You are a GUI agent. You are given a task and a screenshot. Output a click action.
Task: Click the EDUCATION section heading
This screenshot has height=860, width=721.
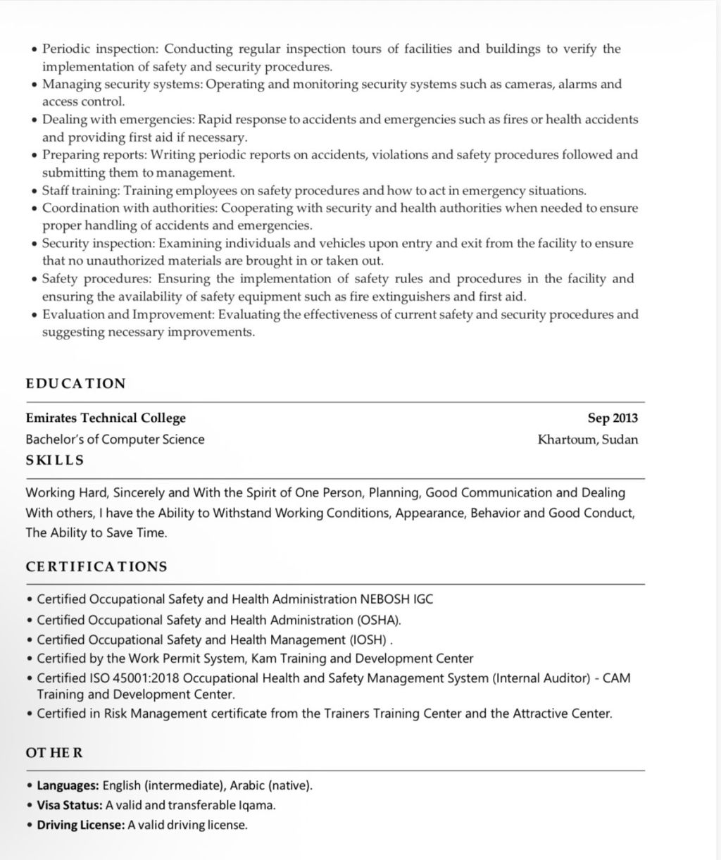(x=75, y=384)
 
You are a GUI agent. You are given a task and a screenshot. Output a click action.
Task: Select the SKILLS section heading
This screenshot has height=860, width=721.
(x=55, y=461)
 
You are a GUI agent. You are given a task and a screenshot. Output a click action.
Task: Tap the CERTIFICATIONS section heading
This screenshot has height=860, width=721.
(x=96, y=567)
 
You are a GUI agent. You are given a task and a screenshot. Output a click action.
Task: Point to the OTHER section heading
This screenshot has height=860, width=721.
(x=54, y=753)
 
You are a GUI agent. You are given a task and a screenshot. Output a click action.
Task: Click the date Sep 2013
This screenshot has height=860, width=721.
(x=613, y=418)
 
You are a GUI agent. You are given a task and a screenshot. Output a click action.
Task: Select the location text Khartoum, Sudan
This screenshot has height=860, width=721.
(x=588, y=440)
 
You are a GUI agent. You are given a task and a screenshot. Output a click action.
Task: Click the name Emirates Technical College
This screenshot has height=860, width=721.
(x=106, y=418)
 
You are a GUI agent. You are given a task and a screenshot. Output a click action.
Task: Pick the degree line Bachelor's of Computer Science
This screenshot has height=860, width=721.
(x=115, y=440)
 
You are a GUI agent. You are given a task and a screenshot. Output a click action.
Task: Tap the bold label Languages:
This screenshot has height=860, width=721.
(x=68, y=785)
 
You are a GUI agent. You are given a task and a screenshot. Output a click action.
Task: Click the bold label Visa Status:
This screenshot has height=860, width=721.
(x=70, y=805)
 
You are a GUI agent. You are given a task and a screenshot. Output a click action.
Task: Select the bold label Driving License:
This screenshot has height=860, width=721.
(x=81, y=825)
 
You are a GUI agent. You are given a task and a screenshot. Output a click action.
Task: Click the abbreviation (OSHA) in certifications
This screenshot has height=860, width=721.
(x=377, y=621)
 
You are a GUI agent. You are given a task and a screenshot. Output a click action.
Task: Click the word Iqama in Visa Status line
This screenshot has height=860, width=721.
(x=256, y=805)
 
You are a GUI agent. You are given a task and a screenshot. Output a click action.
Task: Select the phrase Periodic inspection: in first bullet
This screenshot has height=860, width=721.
(x=101, y=49)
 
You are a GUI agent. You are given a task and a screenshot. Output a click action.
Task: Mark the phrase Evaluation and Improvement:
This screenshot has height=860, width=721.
(x=128, y=314)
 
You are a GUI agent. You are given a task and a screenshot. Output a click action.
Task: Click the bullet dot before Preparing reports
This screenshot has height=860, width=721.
(x=35, y=156)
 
